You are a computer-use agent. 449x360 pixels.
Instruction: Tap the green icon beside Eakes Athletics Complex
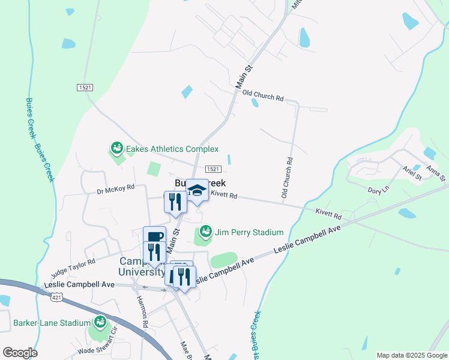[116, 148]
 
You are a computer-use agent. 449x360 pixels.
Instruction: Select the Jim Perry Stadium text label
[249, 232]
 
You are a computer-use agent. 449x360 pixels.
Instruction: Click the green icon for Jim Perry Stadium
[206, 230]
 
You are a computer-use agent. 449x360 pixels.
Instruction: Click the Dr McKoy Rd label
[115, 190]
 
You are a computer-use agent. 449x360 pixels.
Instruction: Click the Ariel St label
[413, 174]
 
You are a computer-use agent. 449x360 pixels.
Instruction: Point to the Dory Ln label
[378, 190]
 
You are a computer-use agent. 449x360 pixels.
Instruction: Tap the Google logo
[20, 353]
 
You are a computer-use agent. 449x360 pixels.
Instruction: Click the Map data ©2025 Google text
[411, 355]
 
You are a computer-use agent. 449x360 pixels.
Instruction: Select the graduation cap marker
[196, 190]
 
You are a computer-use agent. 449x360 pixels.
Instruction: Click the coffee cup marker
[154, 237]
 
